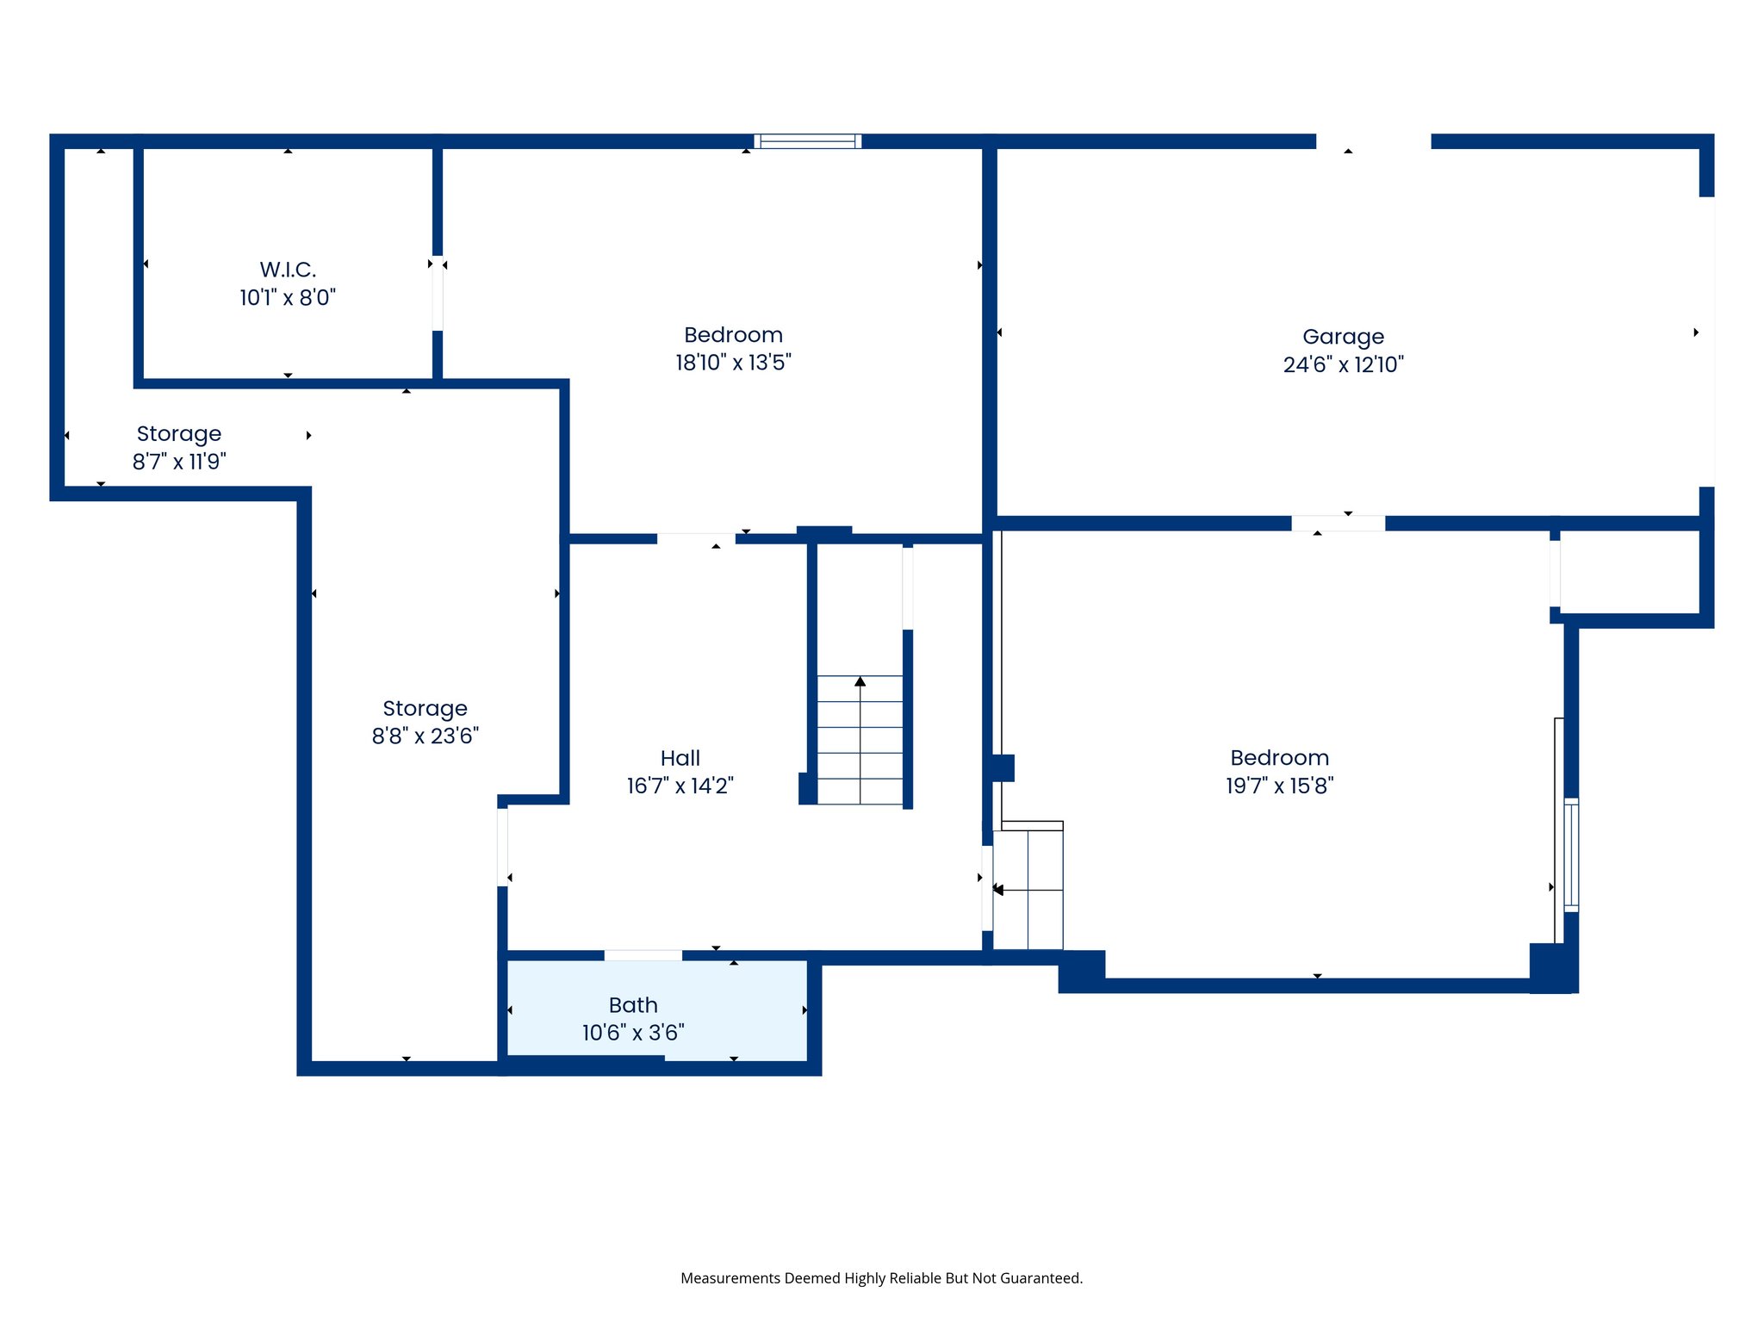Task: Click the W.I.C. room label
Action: click(x=288, y=270)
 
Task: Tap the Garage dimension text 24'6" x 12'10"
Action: click(x=1343, y=364)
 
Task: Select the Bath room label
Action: click(x=633, y=1005)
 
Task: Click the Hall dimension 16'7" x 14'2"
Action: click(x=680, y=786)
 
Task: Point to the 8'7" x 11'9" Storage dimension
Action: click(x=179, y=462)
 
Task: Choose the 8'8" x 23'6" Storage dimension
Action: click(x=425, y=736)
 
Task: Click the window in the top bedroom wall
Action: click(x=808, y=141)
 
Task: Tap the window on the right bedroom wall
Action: click(x=1571, y=854)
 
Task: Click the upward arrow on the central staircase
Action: click(x=860, y=682)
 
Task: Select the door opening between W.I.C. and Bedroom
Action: click(x=438, y=293)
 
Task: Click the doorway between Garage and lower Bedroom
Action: click(x=1338, y=523)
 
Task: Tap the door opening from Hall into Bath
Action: click(x=643, y=955)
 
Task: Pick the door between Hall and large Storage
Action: click(x=502, y=846)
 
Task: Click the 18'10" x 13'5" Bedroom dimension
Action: click(x=733, y=363)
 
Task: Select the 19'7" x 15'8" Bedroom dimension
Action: click(x=1279, y=786)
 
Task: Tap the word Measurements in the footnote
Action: click(x=730, y=1278)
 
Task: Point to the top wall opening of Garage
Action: click(x=1373, y=141)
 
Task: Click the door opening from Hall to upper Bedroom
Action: click(x=696, y=538)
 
